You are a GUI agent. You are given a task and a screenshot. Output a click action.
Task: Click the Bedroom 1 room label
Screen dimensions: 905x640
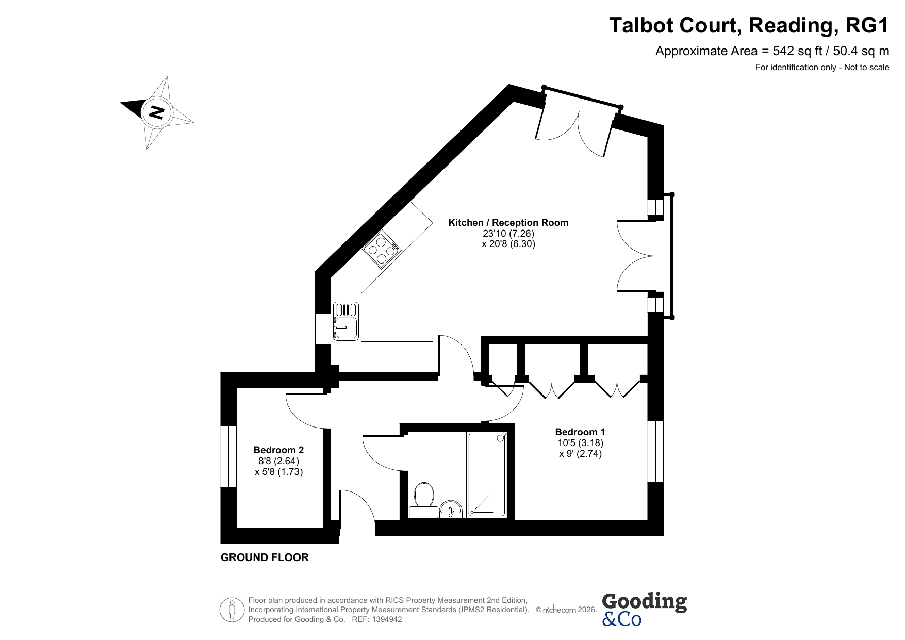580,432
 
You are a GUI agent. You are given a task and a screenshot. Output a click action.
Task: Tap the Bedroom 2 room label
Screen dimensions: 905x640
279,450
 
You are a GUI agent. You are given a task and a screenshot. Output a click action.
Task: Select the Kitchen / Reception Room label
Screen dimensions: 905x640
508,223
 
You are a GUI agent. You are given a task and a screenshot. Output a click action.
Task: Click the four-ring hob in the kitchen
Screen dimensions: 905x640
382,249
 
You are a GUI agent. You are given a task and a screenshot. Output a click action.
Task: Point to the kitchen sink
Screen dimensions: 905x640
346,321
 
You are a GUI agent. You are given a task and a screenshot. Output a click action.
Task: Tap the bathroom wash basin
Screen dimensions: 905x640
452,508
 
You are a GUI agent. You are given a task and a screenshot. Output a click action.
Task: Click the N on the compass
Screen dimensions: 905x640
156,112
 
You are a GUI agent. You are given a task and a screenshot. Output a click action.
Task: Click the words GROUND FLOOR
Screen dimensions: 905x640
265,557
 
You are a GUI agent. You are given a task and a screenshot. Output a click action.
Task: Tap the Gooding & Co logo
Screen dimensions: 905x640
644,609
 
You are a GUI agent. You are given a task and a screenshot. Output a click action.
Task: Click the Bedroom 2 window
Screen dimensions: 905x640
228,456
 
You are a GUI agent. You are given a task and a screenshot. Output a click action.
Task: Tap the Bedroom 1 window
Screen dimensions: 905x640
655,451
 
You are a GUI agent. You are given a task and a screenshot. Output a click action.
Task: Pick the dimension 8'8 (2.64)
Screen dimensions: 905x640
279,461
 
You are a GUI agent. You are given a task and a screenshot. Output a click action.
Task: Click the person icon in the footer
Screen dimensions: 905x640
232,610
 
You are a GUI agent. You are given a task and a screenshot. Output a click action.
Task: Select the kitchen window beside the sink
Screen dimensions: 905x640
323,329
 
